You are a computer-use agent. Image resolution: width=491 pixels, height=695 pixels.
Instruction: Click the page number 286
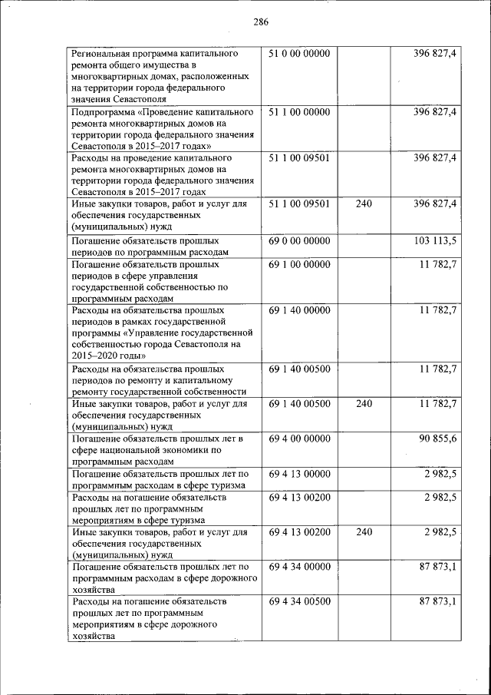(x=261, y=22)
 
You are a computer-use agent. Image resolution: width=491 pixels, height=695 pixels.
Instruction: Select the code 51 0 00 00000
(x=299, y=54)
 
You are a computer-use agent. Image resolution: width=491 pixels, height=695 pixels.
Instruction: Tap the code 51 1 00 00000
(x=299, y=112)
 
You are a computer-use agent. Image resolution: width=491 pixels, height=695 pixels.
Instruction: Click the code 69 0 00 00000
(x=299, y=240)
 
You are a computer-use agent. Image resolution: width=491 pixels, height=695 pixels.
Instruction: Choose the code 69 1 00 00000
(x=299, y=264)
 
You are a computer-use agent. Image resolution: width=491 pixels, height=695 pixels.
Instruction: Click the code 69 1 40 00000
(x=299, y=310)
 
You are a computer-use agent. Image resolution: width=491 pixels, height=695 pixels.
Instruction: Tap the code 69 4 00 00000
(x=299, y=439)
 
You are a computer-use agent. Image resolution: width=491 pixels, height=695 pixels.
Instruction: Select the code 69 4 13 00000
(x=299, y=474)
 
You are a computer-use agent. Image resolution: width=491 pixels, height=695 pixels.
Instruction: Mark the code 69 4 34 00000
(x=299, y=567)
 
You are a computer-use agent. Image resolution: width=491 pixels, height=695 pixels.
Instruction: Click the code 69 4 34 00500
(x=299, y=601)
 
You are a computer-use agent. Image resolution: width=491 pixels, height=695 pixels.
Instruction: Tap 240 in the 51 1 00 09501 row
(x=364, y=204)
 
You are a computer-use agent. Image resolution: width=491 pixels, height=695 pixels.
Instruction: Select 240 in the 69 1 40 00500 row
(x=364, y=404)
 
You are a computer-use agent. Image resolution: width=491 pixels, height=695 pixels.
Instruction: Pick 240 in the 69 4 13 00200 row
(x=364, y=532)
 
